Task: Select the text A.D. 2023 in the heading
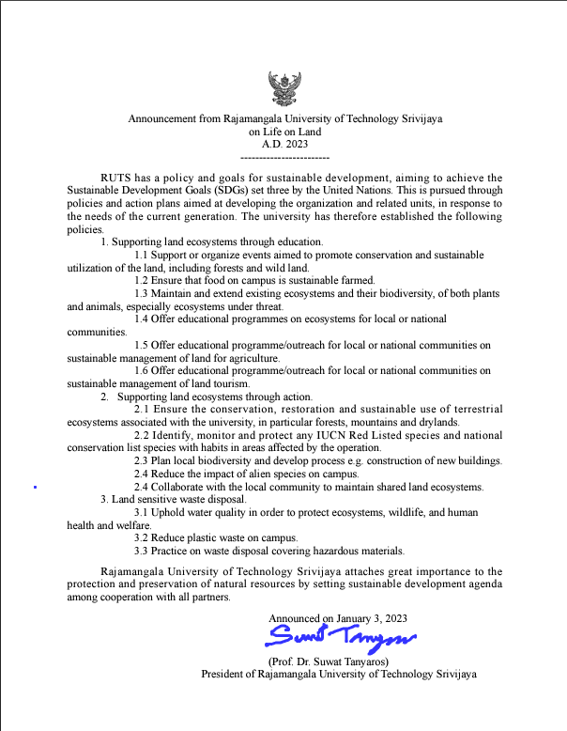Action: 285,145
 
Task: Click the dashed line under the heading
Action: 285,158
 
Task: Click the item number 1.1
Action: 143,256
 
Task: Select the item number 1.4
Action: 143,319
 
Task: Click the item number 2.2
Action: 143,435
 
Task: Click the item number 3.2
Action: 143,538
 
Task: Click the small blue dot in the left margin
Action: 35,488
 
